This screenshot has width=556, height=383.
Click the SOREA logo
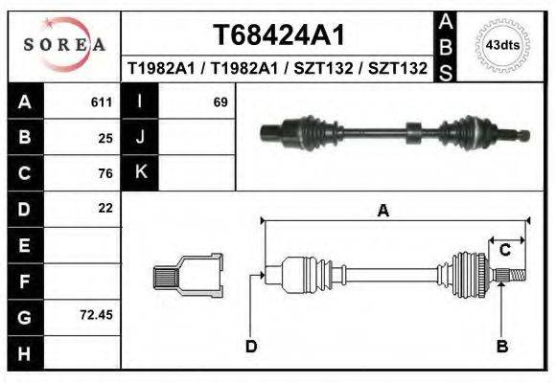pyautogui.click(x=64, y=45)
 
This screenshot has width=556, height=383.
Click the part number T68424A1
pyautogui.click(x=277, y=35)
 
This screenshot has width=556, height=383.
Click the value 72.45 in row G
pyautogui.click(x=98, y=314)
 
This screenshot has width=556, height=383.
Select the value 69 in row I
pyautogui.click(x=220, y=102)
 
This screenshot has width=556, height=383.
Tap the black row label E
pyautogui.click(x=25, y=244)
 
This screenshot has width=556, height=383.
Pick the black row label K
pyautogui.click(x=141, y=173)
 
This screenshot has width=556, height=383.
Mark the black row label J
pyautogui.click(x=141, y=138)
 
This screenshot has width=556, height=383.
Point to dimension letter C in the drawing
pyautogui.click(x=503, y=250)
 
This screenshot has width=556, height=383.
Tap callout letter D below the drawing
pyautogui.click(x=251, y=347)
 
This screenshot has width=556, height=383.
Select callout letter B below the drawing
pyautogui.click(x=500, y=347)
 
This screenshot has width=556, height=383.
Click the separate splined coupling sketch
pyautogui.click(x=188, y=277)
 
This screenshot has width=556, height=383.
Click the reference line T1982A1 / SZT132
pyautogui.click(x=277, y=69)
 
